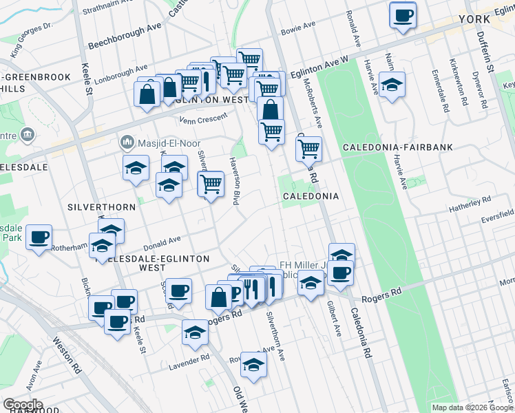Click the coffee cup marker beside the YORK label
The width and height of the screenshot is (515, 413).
coord(403,14)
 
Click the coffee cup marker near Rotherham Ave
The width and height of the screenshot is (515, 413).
coord(39,237)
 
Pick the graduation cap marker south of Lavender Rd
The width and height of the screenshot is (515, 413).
coord(254,365)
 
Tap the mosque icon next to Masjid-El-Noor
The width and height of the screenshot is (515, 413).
coord(127,142)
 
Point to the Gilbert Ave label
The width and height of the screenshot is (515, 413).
coord(333,318)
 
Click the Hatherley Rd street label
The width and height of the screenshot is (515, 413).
coord(468,202)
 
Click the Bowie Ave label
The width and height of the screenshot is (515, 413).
coord(298,30)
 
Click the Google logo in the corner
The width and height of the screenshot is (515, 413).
coord(23,404)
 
